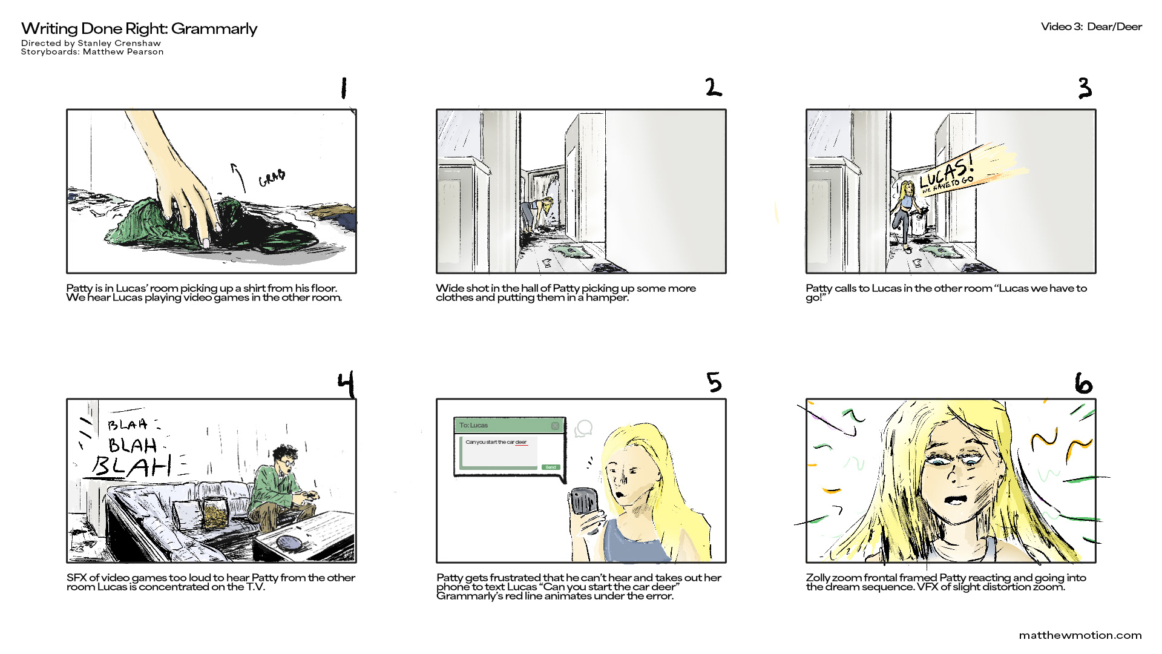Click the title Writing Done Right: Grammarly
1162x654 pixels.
click(x=139, y=28)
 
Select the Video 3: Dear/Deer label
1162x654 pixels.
click(x=1091, y=27)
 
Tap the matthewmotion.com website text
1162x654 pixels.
click(x=1080, y=635)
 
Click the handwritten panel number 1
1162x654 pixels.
click(x=344, y=88)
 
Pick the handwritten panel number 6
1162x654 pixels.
click(x=1083, y=384)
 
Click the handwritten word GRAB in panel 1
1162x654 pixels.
click(x=272, y=178)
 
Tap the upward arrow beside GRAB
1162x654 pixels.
click(x=240, y=177)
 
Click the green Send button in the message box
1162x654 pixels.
click(x=550, y=467)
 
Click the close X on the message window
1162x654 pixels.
click(x=555, y=426)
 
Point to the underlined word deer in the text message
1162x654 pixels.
click(x=521, y=443)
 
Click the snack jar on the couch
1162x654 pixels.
click(x=214, y=513)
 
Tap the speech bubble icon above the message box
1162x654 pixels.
click(x=583, y=429)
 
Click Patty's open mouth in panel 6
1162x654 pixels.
click(x=956, y=500)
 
